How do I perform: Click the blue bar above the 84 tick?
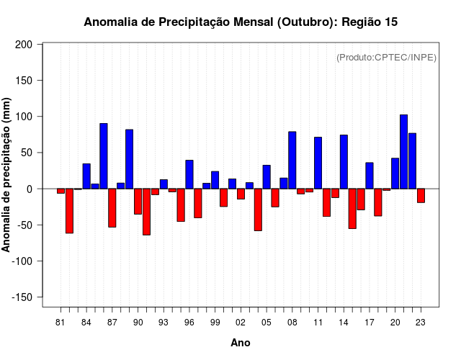pyautogui.click(x=86, y=176)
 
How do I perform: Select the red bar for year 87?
pyautogui.click(x=112, y=208)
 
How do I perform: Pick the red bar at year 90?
pyautogui.click(x=138, y=202)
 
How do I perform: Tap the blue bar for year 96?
pyautogui.click(x=189, y=174)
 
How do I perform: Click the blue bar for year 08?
pyautogui.click(x=292, y=161)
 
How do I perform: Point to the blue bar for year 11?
pyautogui.click(x=318, y=163)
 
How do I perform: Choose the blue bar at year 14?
pyautogui.click(x=344, y=162)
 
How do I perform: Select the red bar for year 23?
pyautogui.click(x=421, y=196)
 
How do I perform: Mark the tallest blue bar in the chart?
pyautogui.click(x=403, y=152)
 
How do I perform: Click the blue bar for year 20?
pyautogui.click(x=395, y=174)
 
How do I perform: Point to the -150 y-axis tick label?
pyautogui.click(x=22, y=297)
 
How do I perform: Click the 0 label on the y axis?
pyautogui.click(x=30, y=189)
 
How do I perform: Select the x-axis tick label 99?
pyautogui.click(x=215, y=322)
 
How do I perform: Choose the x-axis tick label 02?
pyautogui.click(x=241, y=322)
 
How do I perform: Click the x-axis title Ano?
pyautogui.click(x=241, y=343)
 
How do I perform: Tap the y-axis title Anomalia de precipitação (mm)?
pyautogui.click(x=7, y=175)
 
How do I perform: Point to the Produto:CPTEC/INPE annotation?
pyautogui.click(x=386, y=58)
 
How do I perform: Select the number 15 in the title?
pyautogui.click(x=390, y=22)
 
